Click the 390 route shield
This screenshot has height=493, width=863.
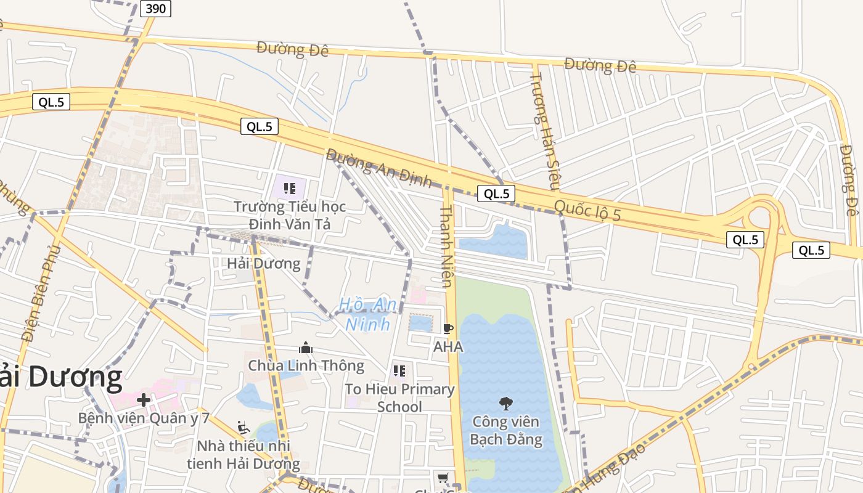coord(155,9)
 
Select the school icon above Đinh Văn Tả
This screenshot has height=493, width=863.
coord(290,188)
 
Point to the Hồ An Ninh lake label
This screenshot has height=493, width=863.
coord(368,314)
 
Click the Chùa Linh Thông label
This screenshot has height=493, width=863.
coord(306,365)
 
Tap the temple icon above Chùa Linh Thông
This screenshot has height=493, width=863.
coord(306,348)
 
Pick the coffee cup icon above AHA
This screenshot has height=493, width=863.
coord(448,329)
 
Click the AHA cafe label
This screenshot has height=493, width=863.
coord(448,347)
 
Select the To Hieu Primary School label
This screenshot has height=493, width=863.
coord(399,397)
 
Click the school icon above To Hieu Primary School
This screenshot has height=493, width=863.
coord(399,371)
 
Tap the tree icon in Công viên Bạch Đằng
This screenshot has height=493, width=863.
coord(505,404)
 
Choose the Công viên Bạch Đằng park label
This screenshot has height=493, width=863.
coord(505,431)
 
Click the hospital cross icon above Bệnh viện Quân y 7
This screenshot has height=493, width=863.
coord(144,400)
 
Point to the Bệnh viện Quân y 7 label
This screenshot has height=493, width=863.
coord(144,418)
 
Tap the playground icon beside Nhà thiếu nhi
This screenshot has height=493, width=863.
coord(243,427)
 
